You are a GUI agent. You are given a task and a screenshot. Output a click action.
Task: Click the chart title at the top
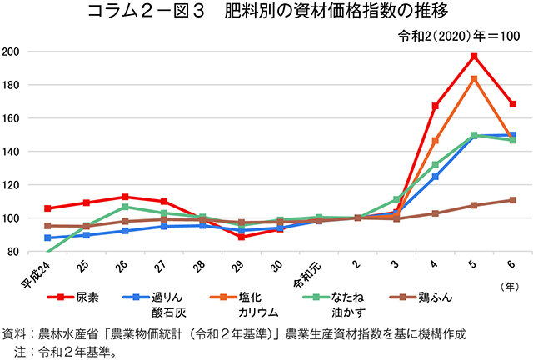(x=266, y=12)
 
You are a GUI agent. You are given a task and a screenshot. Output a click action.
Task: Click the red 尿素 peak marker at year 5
(x=474, y=57)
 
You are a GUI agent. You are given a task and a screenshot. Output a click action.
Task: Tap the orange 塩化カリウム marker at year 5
(x=474, y=79)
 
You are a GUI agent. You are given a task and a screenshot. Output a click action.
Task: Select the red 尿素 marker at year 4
(x=436, y=106)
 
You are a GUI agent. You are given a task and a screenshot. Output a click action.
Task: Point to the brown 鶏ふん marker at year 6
(x=512, y=200)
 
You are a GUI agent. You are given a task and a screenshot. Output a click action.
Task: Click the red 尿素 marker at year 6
(x=512, y=104)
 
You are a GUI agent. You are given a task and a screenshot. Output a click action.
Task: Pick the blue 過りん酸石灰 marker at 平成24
(x=48, y=237)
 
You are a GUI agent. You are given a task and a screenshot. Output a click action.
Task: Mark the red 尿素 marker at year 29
(x=241, y=237)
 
